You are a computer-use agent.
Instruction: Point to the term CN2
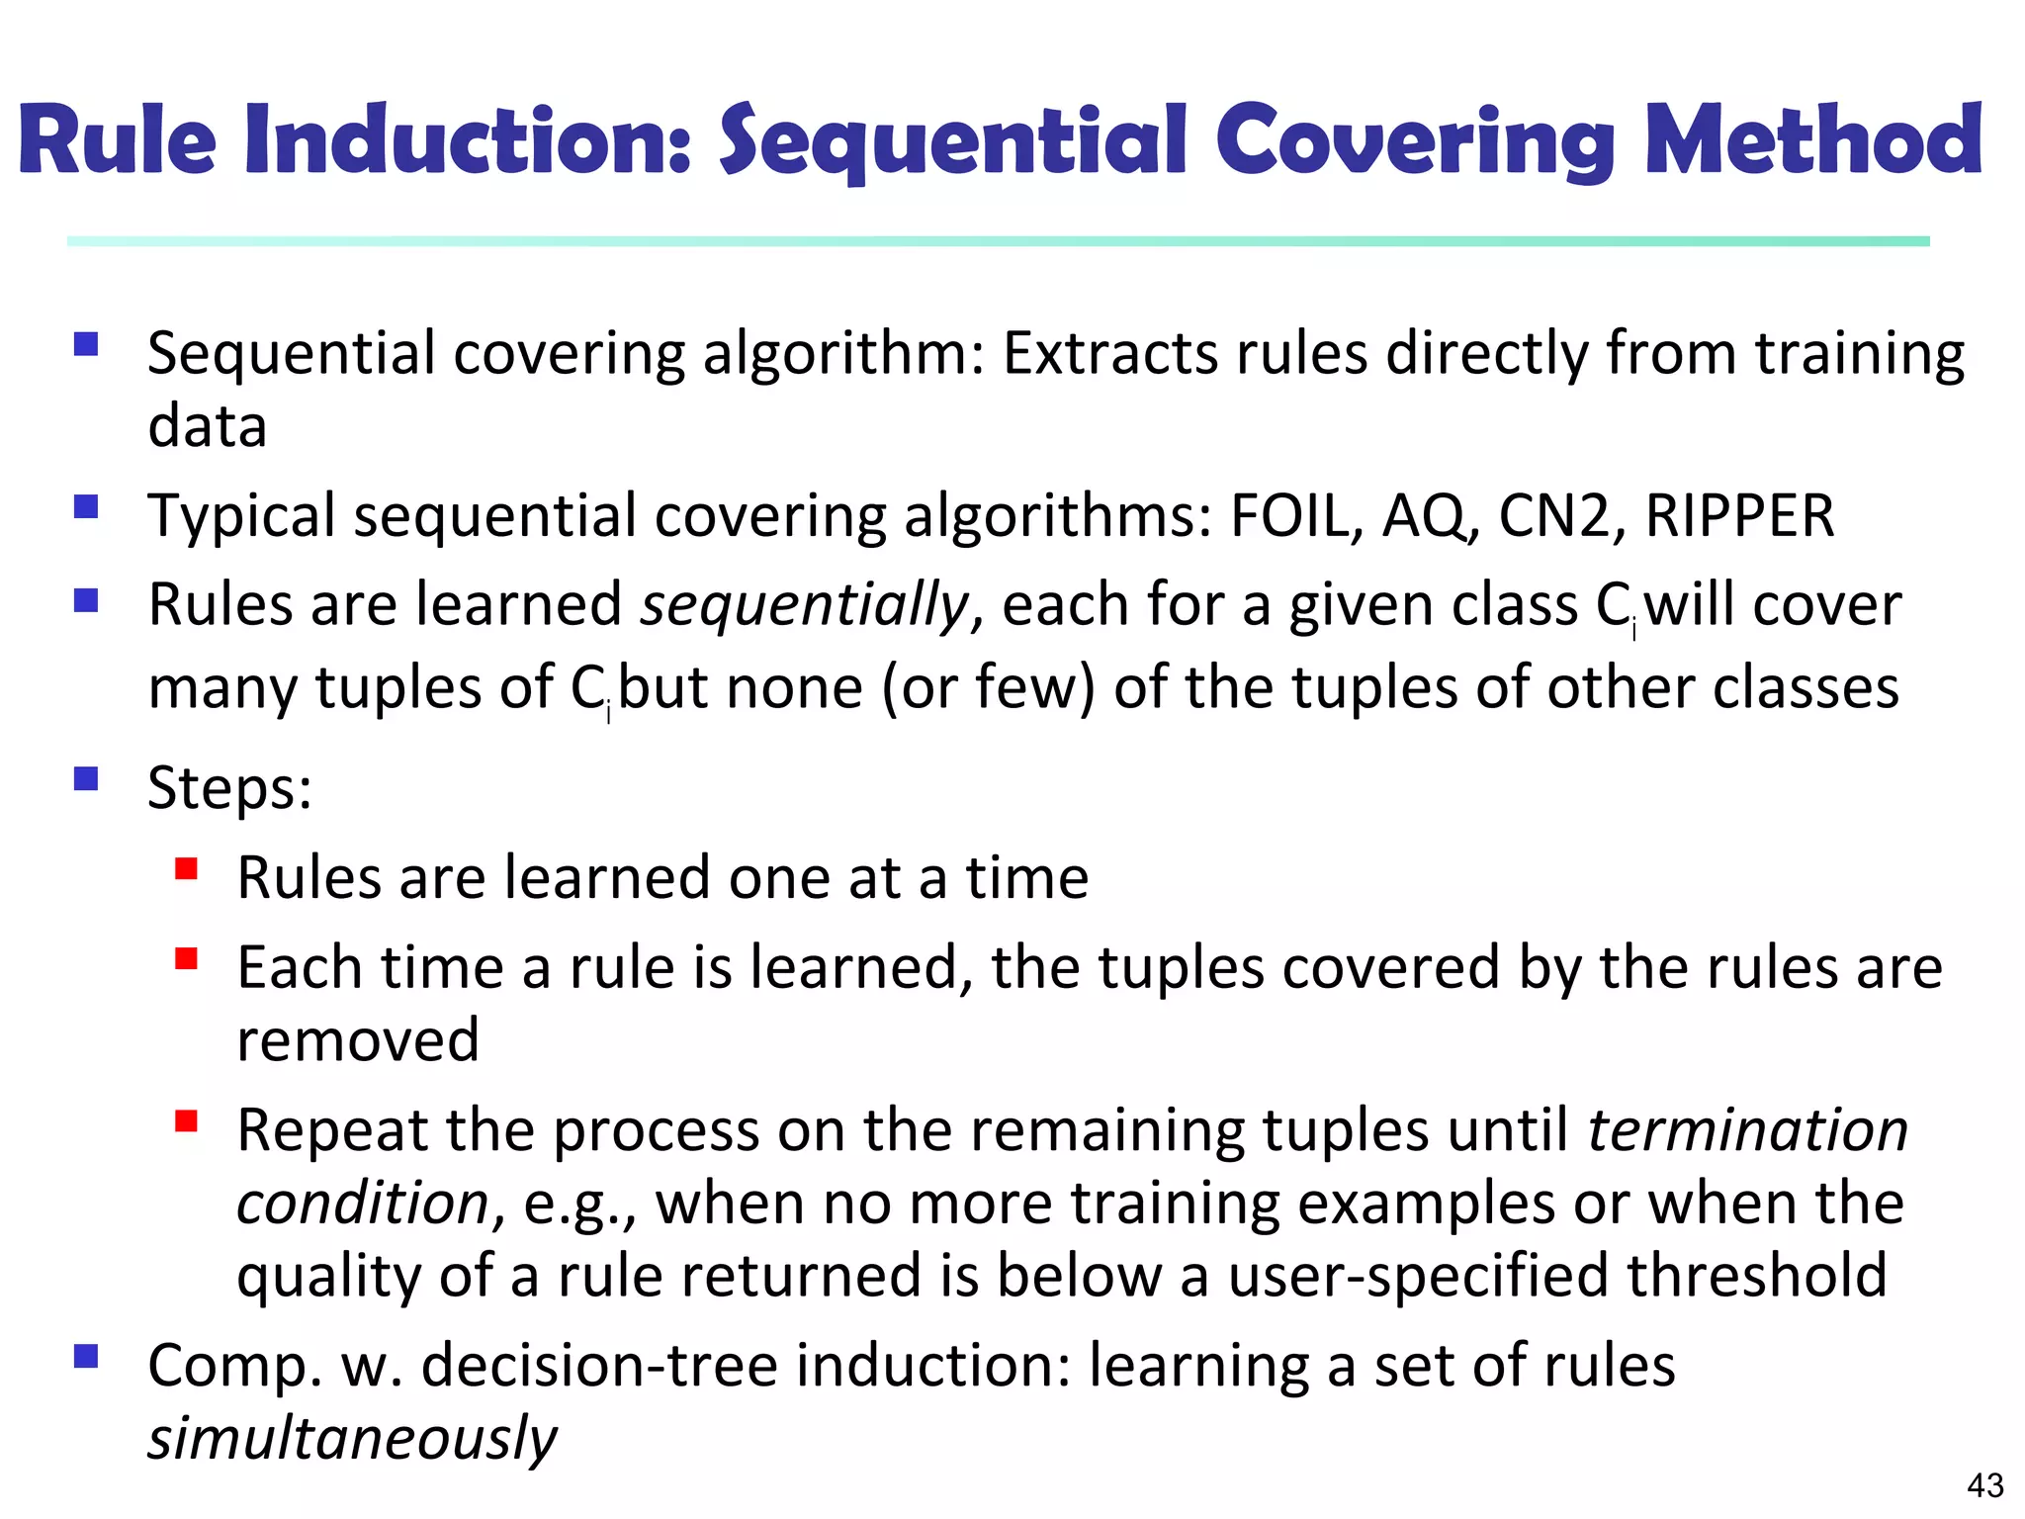[1553, 516]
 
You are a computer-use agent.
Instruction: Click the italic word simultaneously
[352, 1439]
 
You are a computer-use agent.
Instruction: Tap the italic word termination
[1747, 1130]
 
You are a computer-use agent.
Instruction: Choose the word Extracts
[1109, 354]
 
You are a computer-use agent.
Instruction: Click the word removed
[358, 1040]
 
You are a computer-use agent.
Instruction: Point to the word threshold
[1757, 1276]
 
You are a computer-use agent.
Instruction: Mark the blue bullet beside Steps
[86, 779]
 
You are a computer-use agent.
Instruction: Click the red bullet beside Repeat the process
[186, 1121]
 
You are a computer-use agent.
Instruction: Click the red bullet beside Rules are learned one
[186, 868]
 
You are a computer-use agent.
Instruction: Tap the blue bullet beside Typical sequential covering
[86, 507]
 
